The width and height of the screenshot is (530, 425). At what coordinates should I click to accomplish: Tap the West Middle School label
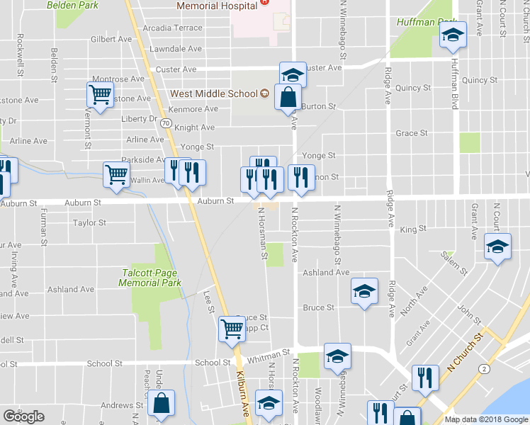tap(213, 93)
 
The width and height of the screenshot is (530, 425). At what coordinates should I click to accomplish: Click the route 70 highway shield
tap(166, 123)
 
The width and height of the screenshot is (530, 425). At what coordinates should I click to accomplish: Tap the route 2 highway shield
tap(483, 369)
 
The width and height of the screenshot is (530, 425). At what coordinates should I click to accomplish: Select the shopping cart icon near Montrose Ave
tap(101, 94)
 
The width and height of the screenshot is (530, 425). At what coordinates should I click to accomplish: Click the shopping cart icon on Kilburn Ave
tap(232, 329)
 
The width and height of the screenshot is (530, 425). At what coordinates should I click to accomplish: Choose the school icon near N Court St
tap(497, 246)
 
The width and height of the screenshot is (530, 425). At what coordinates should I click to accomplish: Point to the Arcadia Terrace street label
tap(172, 28)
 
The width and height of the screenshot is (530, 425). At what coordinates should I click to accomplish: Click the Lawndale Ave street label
tap(176, 49)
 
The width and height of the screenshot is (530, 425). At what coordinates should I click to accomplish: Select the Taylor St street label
tap(89, 223)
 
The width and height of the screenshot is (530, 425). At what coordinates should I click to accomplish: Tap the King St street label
tap(413, 229)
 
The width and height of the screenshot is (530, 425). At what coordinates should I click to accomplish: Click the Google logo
tap(23, 416)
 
